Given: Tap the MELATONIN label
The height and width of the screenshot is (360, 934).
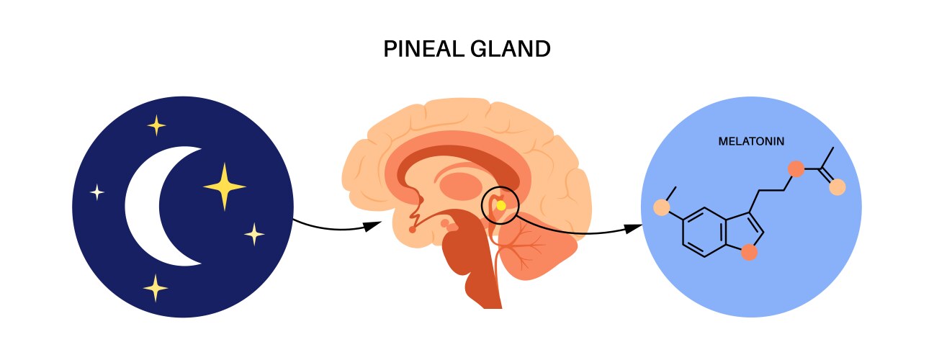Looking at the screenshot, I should coord(751,142).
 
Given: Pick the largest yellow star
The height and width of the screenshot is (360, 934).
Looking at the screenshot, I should coord(225,186).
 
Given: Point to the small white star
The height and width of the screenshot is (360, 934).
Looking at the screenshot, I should coord(97,192).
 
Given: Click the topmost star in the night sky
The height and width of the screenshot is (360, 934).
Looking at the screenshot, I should coord(156,126).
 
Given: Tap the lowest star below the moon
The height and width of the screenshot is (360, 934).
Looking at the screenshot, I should coord(155,288).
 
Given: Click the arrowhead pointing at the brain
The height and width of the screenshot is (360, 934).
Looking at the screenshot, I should coord(372,226).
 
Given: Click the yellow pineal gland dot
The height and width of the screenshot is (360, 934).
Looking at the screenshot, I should coord(501,206).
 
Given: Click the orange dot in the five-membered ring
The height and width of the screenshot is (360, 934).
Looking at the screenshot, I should coord(750,251).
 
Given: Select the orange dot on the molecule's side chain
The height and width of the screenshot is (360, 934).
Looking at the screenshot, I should coord(796,169).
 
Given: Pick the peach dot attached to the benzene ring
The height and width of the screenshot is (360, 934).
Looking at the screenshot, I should coord(662,208).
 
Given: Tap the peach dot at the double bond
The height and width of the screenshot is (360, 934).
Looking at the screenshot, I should coord(838,187).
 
